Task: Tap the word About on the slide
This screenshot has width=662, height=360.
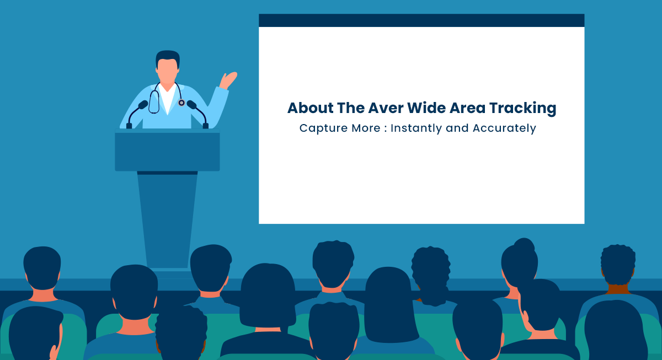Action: tap(310, 108)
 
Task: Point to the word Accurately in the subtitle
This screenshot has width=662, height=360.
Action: tap(504, 128)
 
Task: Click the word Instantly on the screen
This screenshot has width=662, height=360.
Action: tap(416, 128)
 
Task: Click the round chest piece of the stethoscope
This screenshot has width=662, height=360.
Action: tap(181, 103)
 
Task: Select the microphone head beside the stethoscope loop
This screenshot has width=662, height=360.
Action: tap(143, 105)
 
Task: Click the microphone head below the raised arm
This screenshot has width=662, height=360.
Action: tap(192, 105)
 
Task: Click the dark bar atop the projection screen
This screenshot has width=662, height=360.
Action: tap(421, 20)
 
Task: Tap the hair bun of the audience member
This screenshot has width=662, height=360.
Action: tap(524, 246)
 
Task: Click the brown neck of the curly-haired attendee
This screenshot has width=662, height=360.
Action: tap(618, 289)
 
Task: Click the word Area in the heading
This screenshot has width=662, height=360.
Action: tap(467, 108)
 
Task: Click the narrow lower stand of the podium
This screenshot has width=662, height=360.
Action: tap(167, 219)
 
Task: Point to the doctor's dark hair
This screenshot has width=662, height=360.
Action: tap(168, 57)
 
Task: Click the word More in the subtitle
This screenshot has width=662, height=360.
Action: tap(366, 128)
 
